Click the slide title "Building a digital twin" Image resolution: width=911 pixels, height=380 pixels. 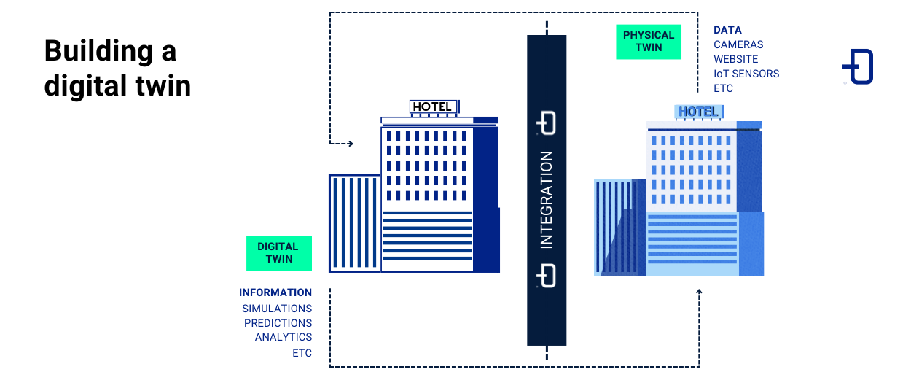(117, 68)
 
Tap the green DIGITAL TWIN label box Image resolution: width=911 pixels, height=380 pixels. (278, 252)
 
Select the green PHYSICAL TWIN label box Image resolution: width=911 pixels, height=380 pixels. (648, 42)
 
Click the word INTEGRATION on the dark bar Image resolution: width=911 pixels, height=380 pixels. (547, 200)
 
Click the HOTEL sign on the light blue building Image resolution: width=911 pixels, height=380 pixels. (698, 112)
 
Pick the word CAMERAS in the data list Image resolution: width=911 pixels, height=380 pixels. (738, 44)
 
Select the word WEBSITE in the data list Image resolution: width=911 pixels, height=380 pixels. (735, 59)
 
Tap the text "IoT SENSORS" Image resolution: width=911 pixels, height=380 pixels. (746, 74)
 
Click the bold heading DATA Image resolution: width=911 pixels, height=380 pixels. (727, 30)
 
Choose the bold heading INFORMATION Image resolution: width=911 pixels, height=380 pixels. (275, 292)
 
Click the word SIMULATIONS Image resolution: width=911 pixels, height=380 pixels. (277, 309)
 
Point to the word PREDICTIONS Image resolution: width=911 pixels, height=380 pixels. (278, 323)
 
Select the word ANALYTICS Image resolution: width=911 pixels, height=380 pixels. (284, 337)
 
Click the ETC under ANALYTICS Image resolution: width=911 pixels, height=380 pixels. (302, 353)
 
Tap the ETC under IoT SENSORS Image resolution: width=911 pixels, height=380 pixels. (723, 88)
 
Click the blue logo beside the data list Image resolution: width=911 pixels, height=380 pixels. (859, 67)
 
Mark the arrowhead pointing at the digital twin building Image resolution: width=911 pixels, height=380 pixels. (350, 144)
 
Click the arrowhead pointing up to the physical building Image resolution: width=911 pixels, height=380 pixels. (699, 292)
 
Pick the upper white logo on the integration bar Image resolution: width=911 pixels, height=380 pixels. (547, 123)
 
